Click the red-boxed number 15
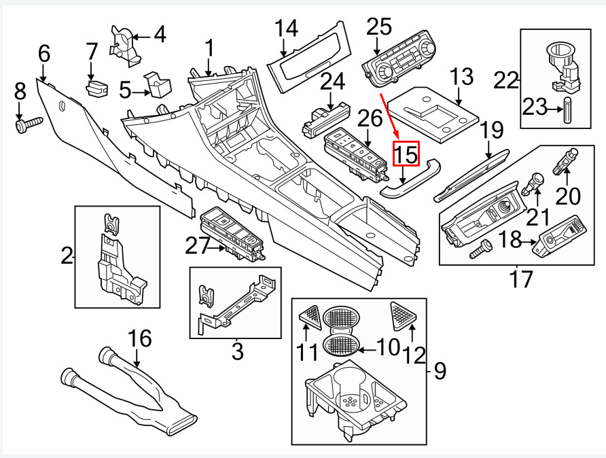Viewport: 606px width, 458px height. click(408, 155)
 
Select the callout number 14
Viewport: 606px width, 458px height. click(286, 29)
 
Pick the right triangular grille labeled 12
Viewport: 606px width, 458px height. click(406, 313)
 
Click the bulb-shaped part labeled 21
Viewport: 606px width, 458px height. click(535, 183)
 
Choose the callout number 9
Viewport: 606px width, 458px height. click(440, 372)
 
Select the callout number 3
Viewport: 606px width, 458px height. click(236, 351)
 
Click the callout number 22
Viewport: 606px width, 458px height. click(505, 80)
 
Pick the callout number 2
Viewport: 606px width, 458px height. click(67, 256)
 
